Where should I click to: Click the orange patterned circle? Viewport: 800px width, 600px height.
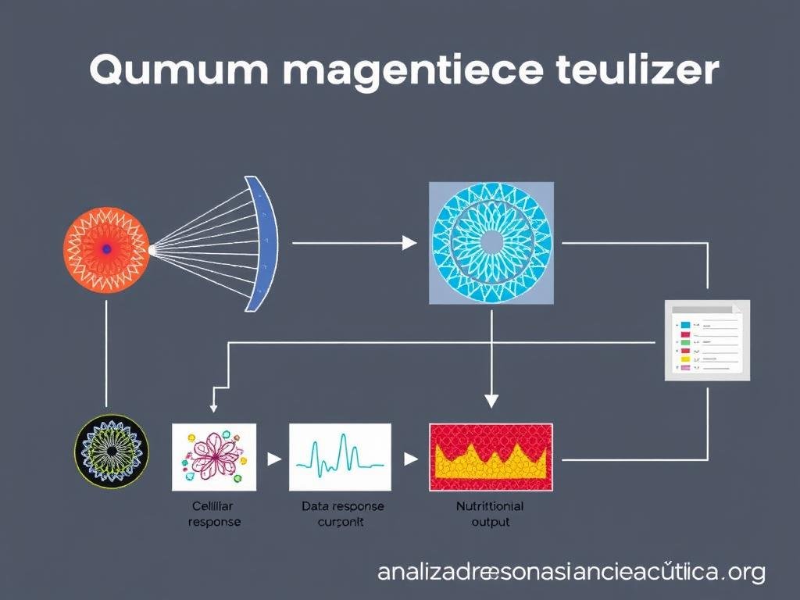coord(105,248)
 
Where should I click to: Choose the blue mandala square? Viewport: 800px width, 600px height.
coord(491,243)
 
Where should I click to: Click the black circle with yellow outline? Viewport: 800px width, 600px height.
coord(111,452)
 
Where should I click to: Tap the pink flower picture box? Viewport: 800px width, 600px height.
coord(213,456)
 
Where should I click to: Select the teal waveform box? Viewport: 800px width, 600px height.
coord(340,456)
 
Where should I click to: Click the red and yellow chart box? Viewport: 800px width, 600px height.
coord(491,456)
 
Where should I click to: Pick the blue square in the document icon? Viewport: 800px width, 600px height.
coord(685,324)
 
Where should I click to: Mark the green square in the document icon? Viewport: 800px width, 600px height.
coord(685,341)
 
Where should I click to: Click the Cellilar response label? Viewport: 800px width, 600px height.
coord(214,513)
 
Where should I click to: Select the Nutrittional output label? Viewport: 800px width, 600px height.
coord(490,513)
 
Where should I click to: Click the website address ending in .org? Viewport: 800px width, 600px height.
coord(571,573)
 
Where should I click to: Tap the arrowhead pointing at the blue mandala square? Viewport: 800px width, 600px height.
coord(409,243)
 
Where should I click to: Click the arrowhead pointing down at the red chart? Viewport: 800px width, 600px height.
coord(491,401)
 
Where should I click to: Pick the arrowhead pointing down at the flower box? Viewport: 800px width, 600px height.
coord(212,406)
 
